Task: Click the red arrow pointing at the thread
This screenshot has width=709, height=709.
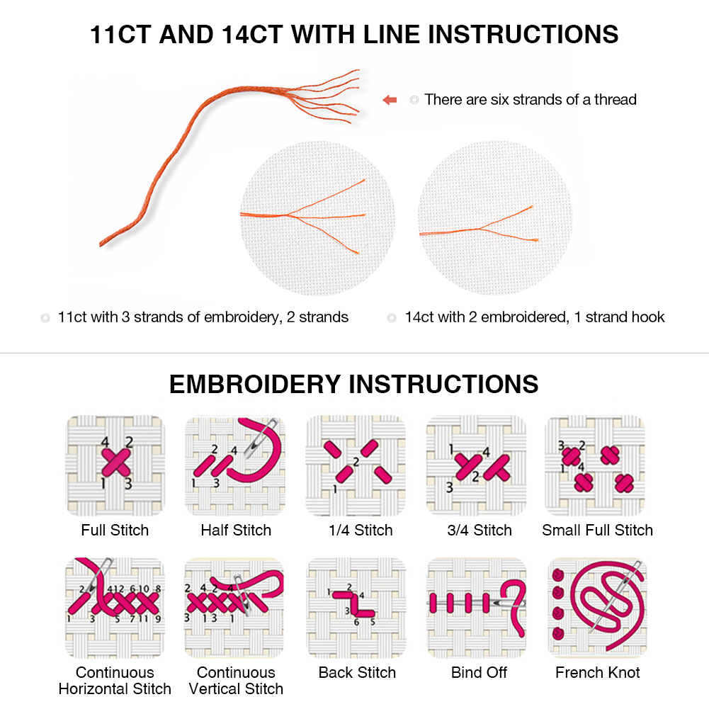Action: (x=390, y=100)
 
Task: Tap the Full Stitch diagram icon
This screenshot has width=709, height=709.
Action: (x=115, y=465)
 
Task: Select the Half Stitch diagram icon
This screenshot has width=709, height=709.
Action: (x=235, y=465)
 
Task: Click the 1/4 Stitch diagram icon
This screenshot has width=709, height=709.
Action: (x=356, y=465)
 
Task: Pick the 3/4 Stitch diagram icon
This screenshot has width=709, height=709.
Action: (x=476, y=465)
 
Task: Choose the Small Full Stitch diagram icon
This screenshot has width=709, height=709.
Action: (x=596, y=465)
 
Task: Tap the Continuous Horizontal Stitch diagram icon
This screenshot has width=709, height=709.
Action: (x=115, y=608)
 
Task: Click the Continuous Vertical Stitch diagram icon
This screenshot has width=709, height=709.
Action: (x=235, y=608)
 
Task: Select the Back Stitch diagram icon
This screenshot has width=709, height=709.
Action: (x=356, y=608)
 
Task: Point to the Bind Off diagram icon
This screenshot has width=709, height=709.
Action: (x=476, y=608)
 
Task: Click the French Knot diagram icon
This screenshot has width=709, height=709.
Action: (x=596, y=608)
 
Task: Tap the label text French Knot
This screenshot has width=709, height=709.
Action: (x=597, y=672)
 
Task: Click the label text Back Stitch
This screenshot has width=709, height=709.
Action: (x=357, y=672)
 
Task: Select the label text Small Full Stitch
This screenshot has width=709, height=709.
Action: (x=597, y=530)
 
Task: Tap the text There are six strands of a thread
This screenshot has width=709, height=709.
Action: (x=531, y=100)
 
